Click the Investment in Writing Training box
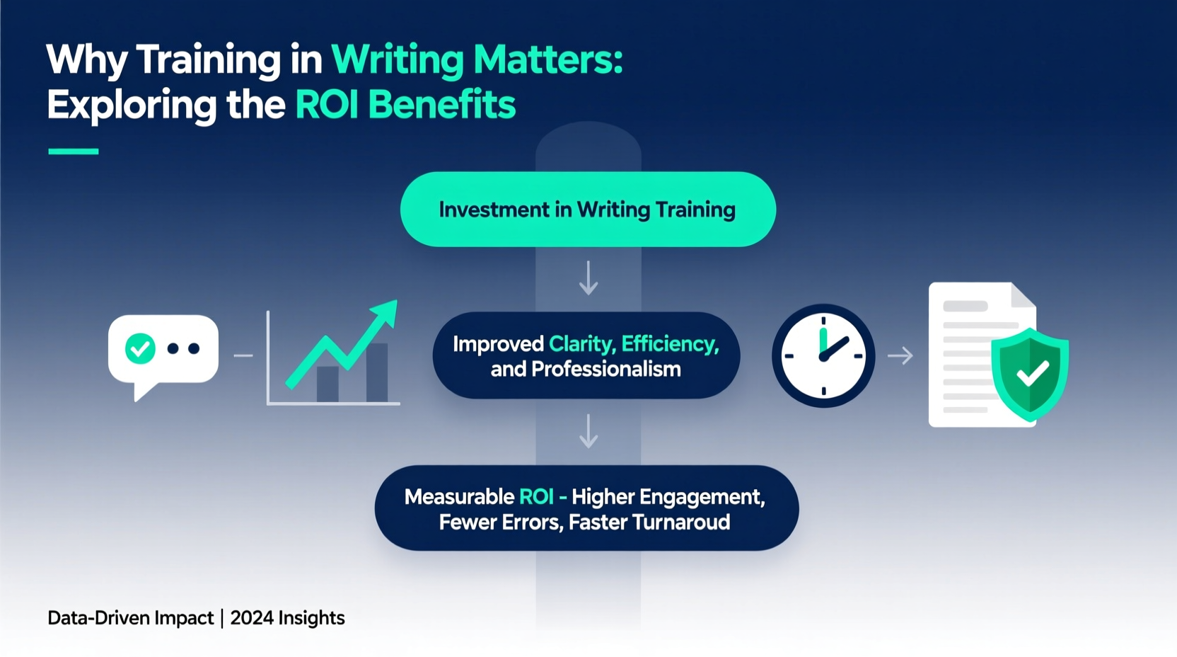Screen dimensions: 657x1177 pos(588,210)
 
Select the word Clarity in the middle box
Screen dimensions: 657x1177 pos(581,344)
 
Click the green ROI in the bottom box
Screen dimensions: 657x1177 pos(536,497)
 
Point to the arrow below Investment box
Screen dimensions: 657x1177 pos(588,278)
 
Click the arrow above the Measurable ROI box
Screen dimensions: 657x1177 pos(588,431)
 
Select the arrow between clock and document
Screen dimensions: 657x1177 pos(900,355)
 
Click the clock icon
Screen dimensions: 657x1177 pos(823,355)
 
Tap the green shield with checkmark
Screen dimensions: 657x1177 pos(1030,374)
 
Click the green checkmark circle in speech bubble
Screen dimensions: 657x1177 pos(140,348)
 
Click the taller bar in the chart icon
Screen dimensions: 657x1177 pos(377,372)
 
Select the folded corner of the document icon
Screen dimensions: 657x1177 pos(1023,295)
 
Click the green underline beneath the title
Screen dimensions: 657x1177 pos(74,151)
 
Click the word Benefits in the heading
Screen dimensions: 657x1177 pos(441,105)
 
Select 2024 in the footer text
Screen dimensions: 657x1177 pos(252,618)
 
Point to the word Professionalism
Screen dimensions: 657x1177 pos(605,370)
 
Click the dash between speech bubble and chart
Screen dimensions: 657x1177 pos(243,355)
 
